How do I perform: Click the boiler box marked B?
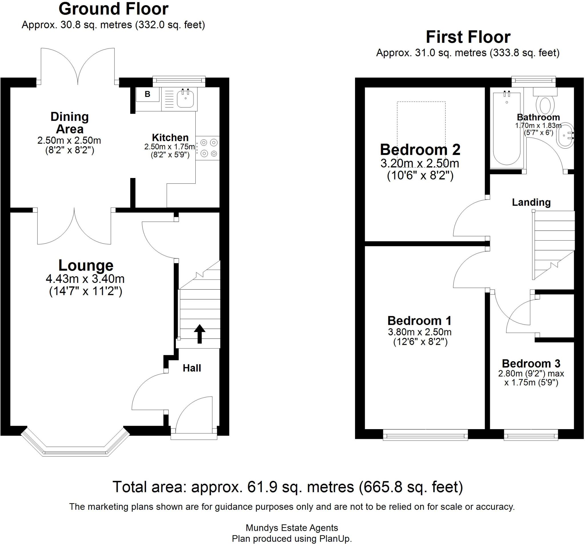pyautogui.click(x=147, y=94)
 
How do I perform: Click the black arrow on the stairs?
pyautogui.click(x=199, y=333)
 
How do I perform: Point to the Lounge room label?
pyautogui.click(x=86, y=265)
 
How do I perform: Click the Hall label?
pyautogui.click(x=192, y=368)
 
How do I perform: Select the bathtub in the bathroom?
pyautogui.click(x=507, y=129)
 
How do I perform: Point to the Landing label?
pyautogui.click(x=531, y=202)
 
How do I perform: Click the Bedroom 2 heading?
pyautogui.click(x=420, y=149)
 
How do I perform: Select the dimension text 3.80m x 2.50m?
pyautogui.click(x=420, y=332)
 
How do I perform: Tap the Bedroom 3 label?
pyautogui.click(x=531, y=363)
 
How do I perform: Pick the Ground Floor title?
pyautogui.click(x=113, y=9)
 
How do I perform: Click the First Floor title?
pyautogui.click(x=468, y=37)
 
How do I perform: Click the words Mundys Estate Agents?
pyautogui.click(x=292, y=528)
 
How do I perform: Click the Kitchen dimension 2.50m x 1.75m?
pyautogui.click(x=169, y=147)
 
